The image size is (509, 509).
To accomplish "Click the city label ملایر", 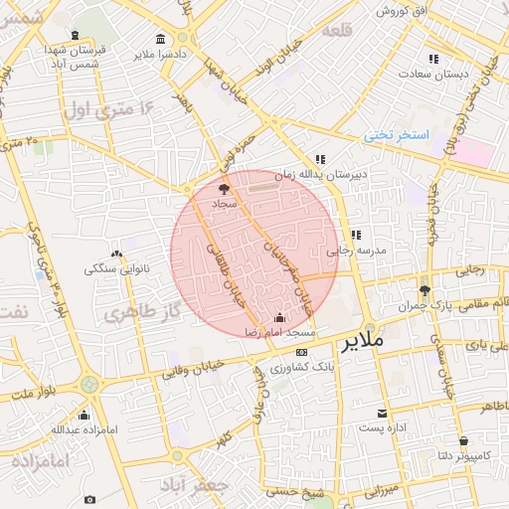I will (361, 343).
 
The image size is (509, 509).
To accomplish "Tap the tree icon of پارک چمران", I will (424, 290).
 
